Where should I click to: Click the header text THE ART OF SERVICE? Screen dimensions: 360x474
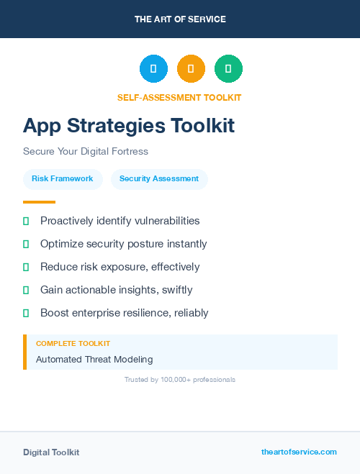pos(180,19)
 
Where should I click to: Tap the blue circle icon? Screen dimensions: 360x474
pos(153,69)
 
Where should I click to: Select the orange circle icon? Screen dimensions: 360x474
pos(191,69)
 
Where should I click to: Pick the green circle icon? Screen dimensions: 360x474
pos(228,69)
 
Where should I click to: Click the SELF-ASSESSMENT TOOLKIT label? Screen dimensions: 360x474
pos(179,97)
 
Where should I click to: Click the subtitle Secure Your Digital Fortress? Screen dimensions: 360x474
pos(85,152)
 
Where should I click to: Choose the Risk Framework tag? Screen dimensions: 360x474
pos(62,179)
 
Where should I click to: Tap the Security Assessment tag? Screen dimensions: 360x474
pos(159,179)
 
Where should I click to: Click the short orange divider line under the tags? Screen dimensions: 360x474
pos(39,202)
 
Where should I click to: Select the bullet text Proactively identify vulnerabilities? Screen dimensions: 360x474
pos(120,221)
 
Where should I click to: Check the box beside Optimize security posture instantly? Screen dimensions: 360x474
pos(26,244)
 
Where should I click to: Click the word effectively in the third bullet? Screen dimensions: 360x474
pos(174,267)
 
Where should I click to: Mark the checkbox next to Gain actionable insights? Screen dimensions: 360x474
pos(26,290)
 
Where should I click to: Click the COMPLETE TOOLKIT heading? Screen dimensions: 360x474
pos(73,344)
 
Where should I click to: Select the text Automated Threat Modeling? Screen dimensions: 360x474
pos(94,360)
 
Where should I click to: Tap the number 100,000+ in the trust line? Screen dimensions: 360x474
pos(176,379)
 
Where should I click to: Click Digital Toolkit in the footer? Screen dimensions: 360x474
pos(51,452)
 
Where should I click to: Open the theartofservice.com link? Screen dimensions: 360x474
pos(299,452)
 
